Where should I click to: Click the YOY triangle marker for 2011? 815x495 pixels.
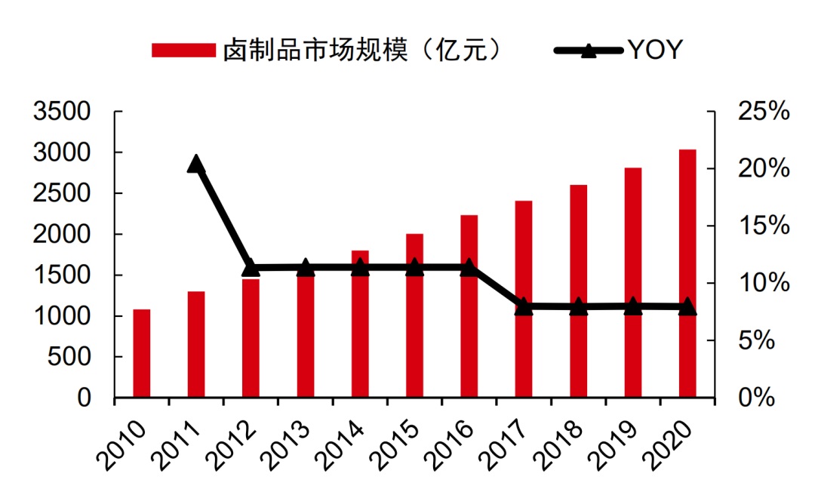tap(196, 164)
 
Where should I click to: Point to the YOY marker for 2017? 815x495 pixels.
tap(524, 306)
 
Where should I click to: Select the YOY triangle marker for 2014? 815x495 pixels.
tap(360, 267)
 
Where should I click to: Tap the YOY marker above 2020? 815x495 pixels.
tap(687, 306)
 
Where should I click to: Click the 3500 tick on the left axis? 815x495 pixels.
tap(63, 112)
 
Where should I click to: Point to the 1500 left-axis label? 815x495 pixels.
tap(63, 275)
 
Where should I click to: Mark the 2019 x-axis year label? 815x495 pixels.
tap(615, 442)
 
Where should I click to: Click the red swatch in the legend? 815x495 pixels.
tap(183, 51)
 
